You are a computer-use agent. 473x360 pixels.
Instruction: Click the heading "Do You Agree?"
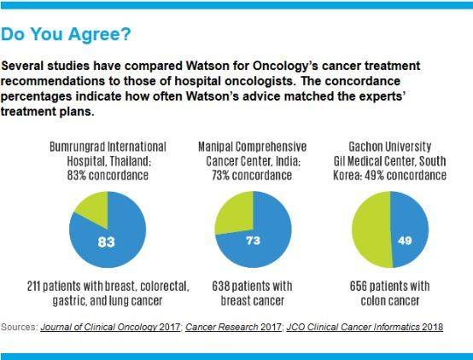click(x=66, y=34)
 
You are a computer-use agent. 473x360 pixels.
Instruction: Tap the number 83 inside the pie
click(x=107, y=241)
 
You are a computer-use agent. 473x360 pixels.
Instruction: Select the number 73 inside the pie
click(x=253, y=241)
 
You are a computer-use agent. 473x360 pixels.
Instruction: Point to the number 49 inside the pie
click(x=405, y=241)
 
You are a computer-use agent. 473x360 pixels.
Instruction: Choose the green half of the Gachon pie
click(x=372, y=229)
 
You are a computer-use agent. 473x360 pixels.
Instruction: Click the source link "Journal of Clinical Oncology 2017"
click(x=110, y=327)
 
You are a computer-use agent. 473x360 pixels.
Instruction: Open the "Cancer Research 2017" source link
click(x=233, y=327)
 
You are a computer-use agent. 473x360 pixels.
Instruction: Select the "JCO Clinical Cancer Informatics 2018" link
click(x=365, y=327)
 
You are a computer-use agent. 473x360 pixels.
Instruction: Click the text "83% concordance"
click(x=108, y=175)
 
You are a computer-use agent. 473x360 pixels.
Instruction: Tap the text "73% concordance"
click(x=252, y=175)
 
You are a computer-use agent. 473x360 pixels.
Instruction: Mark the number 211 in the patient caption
click(x=33, y=286)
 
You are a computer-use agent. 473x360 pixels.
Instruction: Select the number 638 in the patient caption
click(x=220, y=286)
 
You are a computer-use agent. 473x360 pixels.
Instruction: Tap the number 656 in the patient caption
click(x=358, y=286)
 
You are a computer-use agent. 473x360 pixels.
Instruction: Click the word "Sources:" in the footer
click(x=20, y=327)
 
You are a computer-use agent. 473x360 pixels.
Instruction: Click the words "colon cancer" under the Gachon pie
click(x=390, y=300)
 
